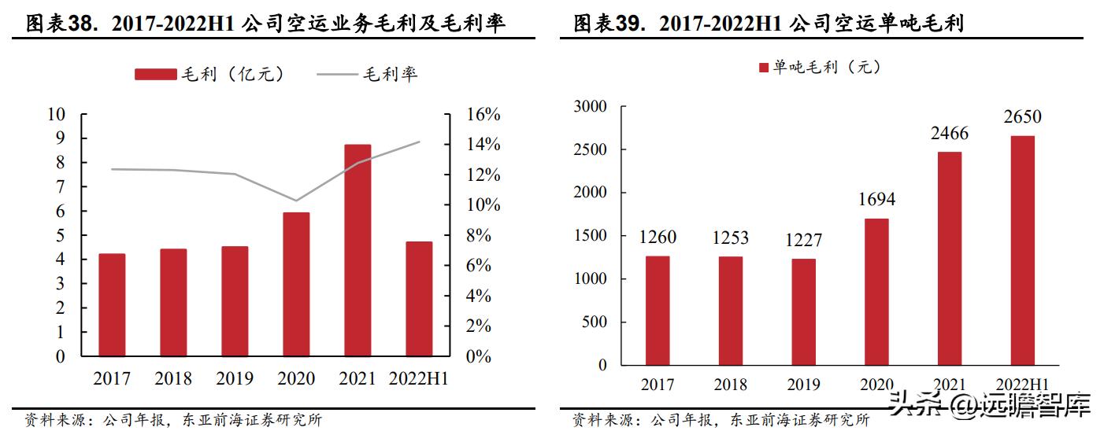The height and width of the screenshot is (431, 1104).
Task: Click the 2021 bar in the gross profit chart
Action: [x=358, y=250]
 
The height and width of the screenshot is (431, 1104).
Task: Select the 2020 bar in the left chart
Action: [x=296, y=284]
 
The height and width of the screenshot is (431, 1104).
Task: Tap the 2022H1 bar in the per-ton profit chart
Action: [x=1022, y=250]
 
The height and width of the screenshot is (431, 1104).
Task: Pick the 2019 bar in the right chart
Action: [x=803, y=311]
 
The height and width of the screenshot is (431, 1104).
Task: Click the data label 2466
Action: [x=949, y=134]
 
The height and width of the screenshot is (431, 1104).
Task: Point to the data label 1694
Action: [x=876, y=200]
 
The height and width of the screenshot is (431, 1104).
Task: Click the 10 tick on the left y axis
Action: [x=57, y=115]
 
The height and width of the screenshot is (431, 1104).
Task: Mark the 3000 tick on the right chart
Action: [x=591, y=106]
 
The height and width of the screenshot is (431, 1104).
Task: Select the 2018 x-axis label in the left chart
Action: [x=173, y=379]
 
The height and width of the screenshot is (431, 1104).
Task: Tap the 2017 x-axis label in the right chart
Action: [x=657, y=385]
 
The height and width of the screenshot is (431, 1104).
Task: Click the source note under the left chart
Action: [x=173, y=420]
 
